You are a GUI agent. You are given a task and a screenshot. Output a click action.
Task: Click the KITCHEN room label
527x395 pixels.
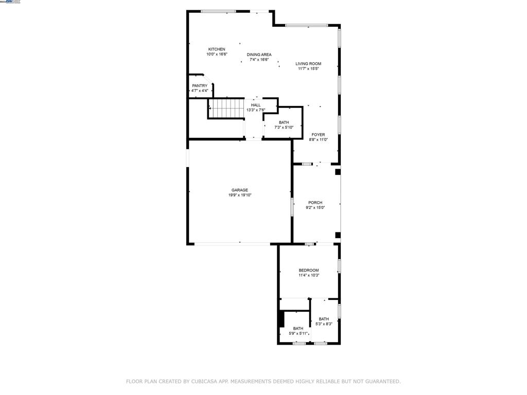tap(217, 49)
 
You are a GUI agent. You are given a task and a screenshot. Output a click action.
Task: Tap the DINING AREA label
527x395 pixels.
tap(259, 55)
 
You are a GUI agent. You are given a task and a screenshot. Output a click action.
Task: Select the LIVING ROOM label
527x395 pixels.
tap(308, 64)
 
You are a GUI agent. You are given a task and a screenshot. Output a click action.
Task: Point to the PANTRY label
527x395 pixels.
tap(200, 86)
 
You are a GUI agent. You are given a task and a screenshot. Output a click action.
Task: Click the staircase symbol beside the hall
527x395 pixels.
tap(226, 109)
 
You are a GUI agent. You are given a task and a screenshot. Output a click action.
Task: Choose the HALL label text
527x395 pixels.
tap(256, 105)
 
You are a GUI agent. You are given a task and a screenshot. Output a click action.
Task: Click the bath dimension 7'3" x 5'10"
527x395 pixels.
tap(284, 128)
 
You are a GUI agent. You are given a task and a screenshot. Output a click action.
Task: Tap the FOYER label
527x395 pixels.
tap(318, 135)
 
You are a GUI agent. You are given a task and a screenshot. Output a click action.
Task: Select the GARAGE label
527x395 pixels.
tap(240, 190)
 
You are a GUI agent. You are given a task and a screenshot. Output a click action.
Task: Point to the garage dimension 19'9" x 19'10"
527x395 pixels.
tap(240, 195)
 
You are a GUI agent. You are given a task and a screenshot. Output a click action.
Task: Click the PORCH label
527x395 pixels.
tap(315, 203)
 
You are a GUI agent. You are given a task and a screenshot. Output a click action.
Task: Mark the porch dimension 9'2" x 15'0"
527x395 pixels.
tap(315, 208)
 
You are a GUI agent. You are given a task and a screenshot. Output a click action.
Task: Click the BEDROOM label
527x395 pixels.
tap(309, 271)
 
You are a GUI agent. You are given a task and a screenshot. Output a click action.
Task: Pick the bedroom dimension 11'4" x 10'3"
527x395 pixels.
tap(309, 276)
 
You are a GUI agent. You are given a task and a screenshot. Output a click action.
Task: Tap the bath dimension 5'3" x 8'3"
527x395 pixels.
tap(324, 324)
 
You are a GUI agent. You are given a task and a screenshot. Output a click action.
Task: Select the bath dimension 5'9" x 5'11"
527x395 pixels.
tap(298, 334)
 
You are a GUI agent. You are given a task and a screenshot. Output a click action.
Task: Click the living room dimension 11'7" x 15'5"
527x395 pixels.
tap(308, 69)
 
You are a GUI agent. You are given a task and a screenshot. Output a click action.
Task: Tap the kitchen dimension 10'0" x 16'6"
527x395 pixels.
tap(217, 55)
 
